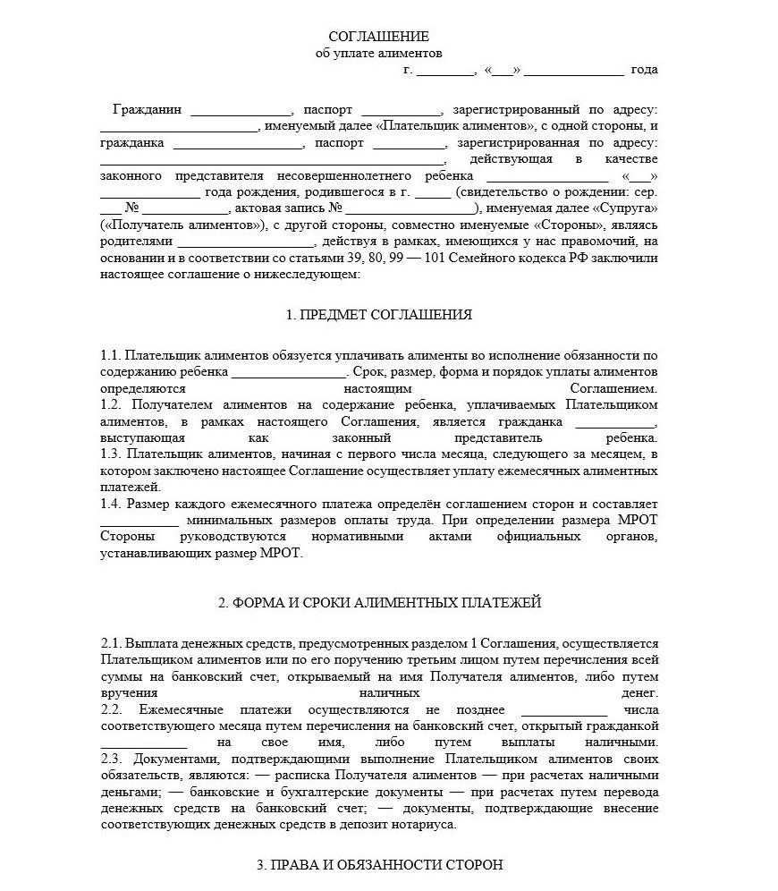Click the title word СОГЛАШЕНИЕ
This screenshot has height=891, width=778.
point(379,37)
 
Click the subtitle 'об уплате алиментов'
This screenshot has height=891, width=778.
point(379,53)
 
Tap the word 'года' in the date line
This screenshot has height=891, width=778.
point(644,69)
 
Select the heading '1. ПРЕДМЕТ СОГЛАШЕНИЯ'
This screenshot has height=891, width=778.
point(379,315)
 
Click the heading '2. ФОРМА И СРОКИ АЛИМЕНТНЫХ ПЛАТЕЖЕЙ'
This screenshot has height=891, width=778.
point(379,603)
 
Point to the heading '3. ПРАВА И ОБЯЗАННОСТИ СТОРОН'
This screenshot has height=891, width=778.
point(379,865)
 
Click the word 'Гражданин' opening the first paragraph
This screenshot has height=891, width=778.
point(147,110)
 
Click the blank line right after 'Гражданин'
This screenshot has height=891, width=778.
point(241,112)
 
